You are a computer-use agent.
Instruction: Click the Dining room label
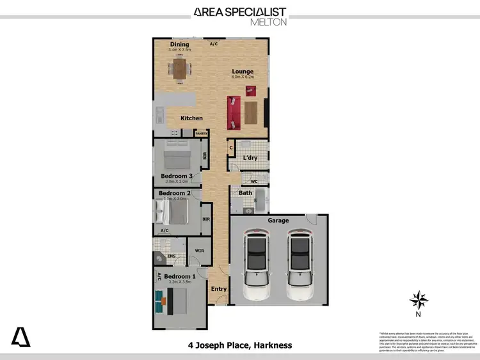(179, 44)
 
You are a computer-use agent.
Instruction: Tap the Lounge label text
(243, 72)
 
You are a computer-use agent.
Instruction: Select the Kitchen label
(191, 118)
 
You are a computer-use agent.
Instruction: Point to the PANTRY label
(201, 134)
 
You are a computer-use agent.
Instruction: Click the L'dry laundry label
(250, 158)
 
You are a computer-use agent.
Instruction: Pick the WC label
(253, 181)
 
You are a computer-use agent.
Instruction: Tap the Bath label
(246, 192)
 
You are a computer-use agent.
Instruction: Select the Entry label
(219, 289)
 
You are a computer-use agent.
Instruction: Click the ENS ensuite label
(171, 256)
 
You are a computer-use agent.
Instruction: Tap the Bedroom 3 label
(177, 176)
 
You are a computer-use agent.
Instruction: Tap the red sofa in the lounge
(234, 111)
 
